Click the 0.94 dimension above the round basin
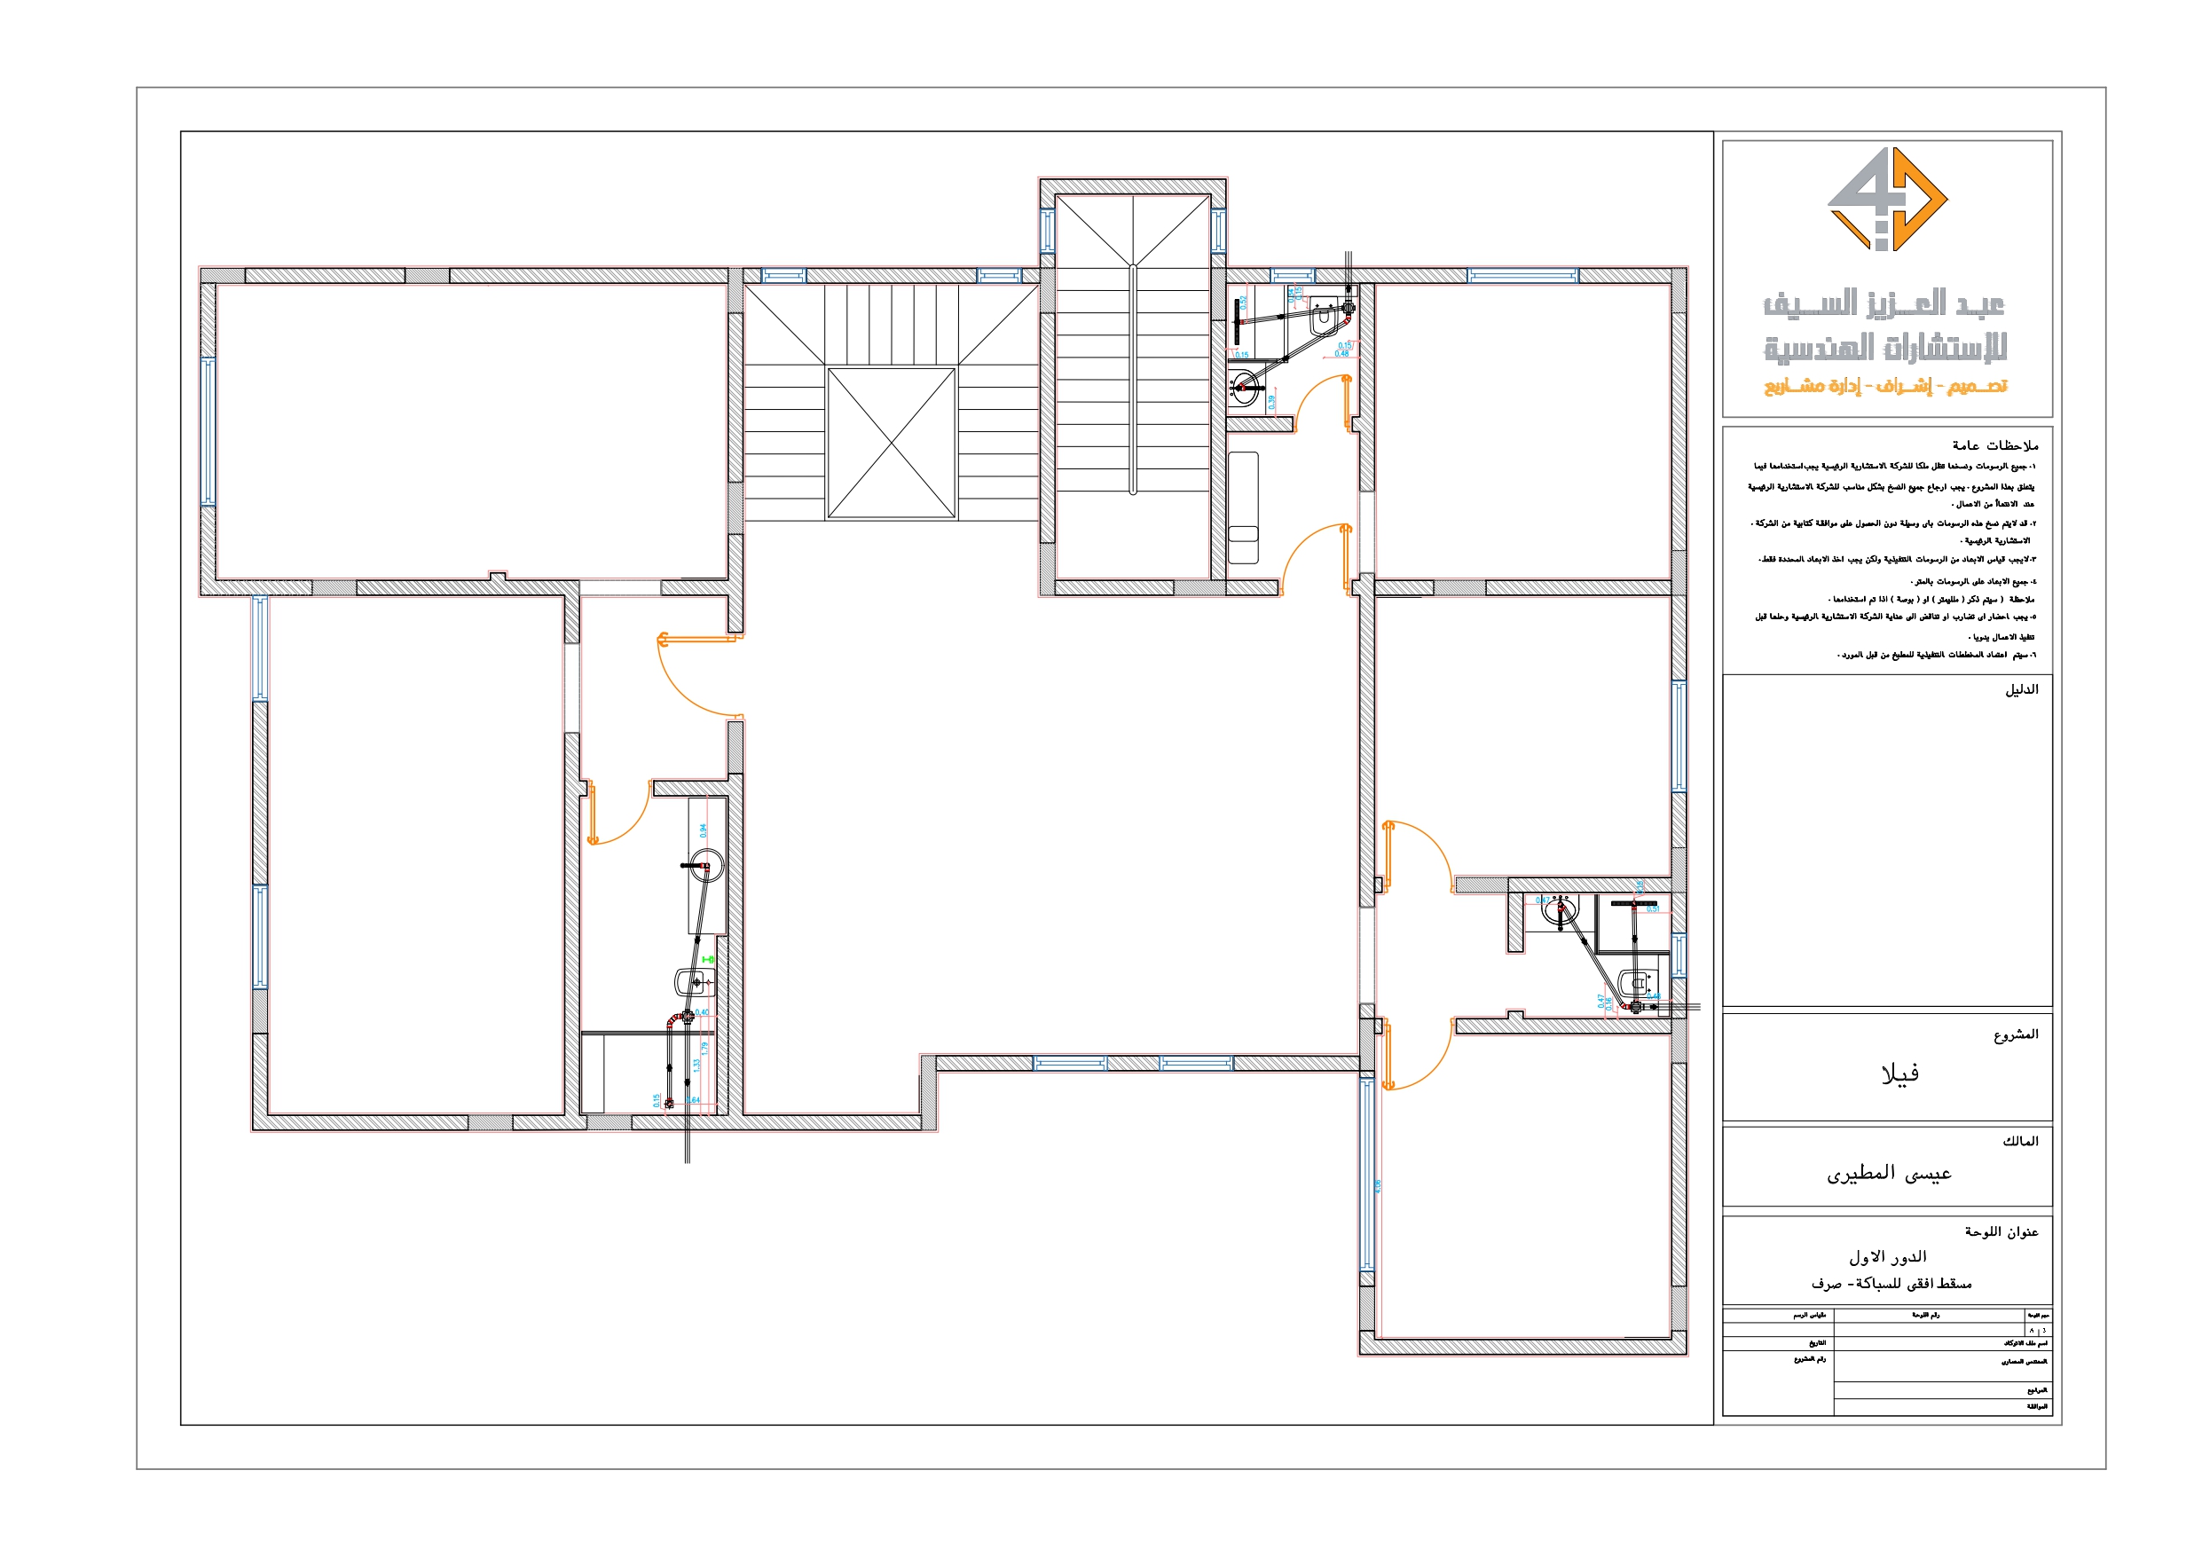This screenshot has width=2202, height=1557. tap(703, 830)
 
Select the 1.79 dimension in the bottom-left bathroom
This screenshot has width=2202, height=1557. tap(705, 1050)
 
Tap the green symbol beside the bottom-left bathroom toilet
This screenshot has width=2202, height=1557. tap(709, 959)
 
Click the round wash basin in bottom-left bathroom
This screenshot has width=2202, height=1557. tap(707, 866)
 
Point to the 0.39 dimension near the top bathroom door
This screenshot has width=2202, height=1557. tap(1271, 402)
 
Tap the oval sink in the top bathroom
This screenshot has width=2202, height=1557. tap(1245, 387)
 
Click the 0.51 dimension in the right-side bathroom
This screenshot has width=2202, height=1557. tap(1654, 908)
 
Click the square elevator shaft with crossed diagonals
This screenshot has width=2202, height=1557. tap(891, 444)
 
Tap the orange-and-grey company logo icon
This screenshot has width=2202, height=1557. tap(1886, 199)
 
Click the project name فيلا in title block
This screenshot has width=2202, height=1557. tap(1899, 1073)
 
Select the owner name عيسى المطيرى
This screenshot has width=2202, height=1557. tap(1889, 1173)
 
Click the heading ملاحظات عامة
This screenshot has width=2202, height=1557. tap(1995, 445)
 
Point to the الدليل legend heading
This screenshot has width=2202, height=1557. tap(2021, 689)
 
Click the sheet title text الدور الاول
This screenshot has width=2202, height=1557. tap(1887, 1255)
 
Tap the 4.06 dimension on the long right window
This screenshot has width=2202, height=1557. tap(1378, 1186)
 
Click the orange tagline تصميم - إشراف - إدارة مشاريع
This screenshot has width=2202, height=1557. tap(1885, 387)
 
